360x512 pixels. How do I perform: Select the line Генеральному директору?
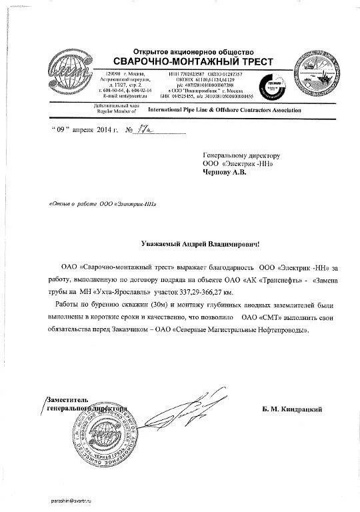237,153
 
